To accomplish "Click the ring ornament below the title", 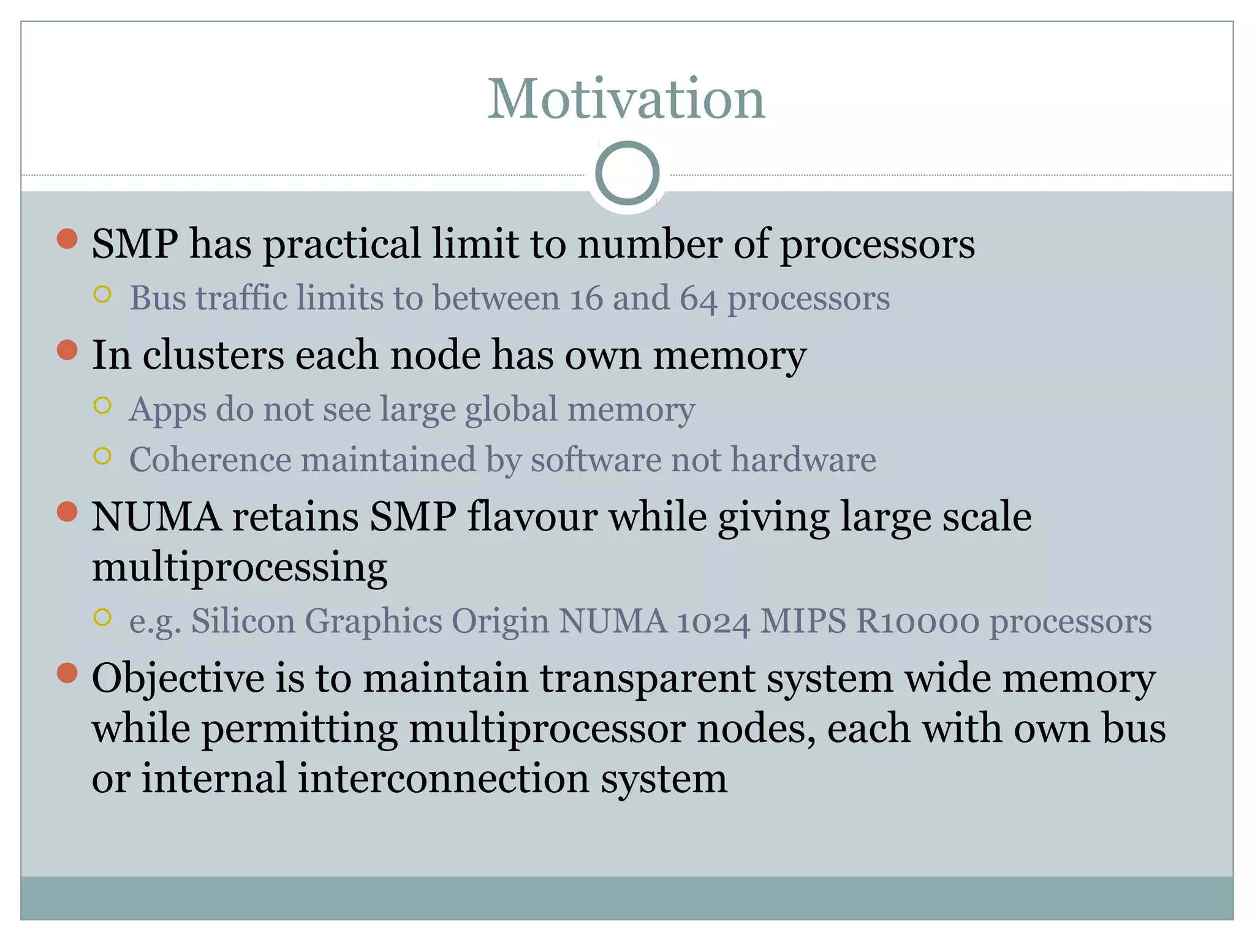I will point(627,173).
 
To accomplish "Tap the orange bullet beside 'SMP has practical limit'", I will point(67,239).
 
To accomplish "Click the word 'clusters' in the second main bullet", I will point(213,355).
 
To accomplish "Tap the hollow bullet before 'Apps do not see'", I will point(103,406).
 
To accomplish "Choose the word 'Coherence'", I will point(210,459).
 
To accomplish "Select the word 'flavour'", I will point(532,516).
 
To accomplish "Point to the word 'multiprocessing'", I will point(240,567).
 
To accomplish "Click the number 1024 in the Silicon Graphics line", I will point(713,621).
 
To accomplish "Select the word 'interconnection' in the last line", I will point(444,779).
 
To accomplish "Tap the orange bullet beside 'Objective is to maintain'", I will point(67,673).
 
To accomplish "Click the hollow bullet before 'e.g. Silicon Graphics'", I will point(103,617).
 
